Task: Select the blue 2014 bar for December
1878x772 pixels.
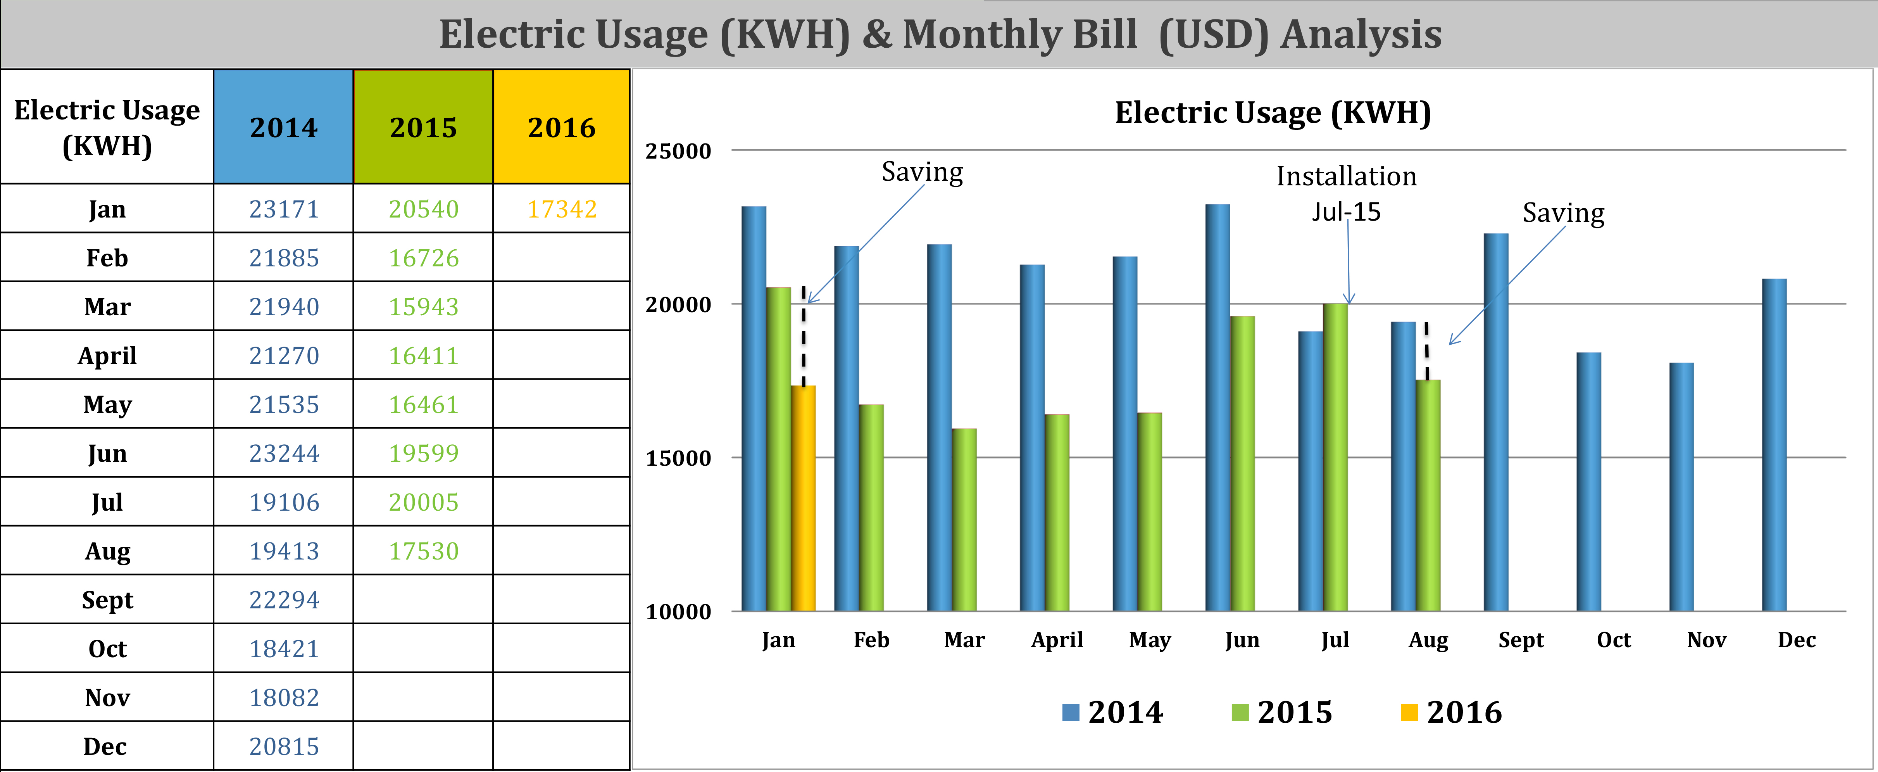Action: click(x=1775, y=445)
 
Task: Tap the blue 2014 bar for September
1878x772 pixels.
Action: click(x=1496, y=422)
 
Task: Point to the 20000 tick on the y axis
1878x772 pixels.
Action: click(x=678, y=305)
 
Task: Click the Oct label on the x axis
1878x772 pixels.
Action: click(x=1613, y=640)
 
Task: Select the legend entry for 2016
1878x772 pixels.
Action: click(x=1451, y=712)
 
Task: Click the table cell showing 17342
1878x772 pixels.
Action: click(x=561, y=209)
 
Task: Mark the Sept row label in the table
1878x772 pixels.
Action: click(x=107, y=600)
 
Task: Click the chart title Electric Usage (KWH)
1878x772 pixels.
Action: click(x=1272, y=113)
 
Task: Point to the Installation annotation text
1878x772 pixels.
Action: click(x=1346, y=176)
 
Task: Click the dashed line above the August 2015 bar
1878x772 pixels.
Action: click(x=1427, y=350)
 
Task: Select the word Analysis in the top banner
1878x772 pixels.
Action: click(x=1361, y=34)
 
